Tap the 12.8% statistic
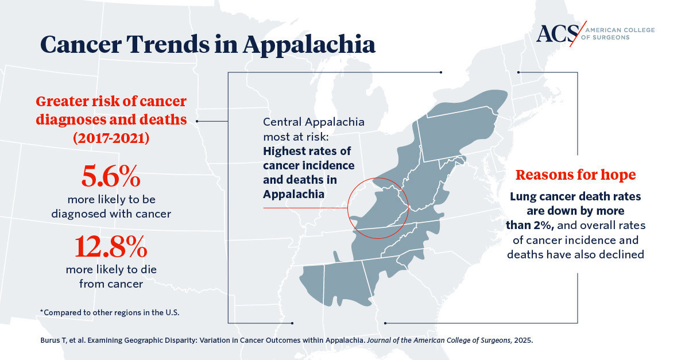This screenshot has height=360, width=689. tap(111, 247)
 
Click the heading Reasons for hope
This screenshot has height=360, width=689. tap(575, 175)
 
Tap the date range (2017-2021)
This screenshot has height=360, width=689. tap(111, 138)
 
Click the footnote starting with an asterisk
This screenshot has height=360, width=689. tap(109, 312)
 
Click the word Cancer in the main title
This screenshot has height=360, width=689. tap(79, 45)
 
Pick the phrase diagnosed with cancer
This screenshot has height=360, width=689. tap(111, 214)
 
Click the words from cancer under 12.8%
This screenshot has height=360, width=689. tap(111, 283)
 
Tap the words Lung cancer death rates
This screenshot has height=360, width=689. tap(575, 196)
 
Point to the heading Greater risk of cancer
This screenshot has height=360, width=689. tap(111, 102)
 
